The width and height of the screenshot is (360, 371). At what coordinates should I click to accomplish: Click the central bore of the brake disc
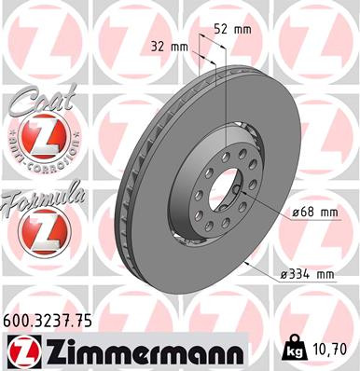tap(222, 189)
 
